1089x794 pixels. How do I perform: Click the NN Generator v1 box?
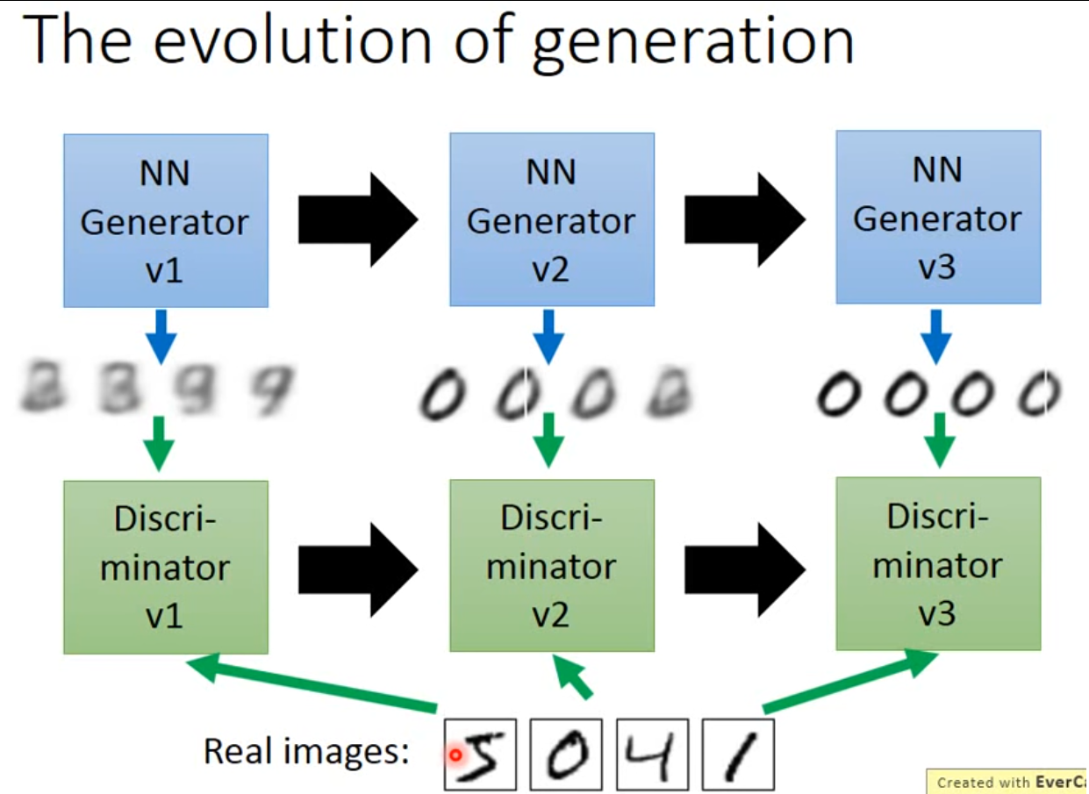[165, 220]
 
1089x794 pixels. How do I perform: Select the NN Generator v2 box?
[551, 218]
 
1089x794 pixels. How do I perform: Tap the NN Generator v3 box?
[937, 217]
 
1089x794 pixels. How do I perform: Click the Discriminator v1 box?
[165, 567]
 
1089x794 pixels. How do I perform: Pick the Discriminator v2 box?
[551, 565]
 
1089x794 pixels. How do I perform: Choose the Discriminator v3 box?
[937, 563]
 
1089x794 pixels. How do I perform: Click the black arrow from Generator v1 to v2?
[358, 220]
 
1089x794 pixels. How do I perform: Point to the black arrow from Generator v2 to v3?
[744, 219]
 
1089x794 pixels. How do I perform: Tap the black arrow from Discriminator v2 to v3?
[744, 567]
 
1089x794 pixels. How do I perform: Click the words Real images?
[306, 752]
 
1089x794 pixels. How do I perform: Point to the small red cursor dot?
[455, 754]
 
